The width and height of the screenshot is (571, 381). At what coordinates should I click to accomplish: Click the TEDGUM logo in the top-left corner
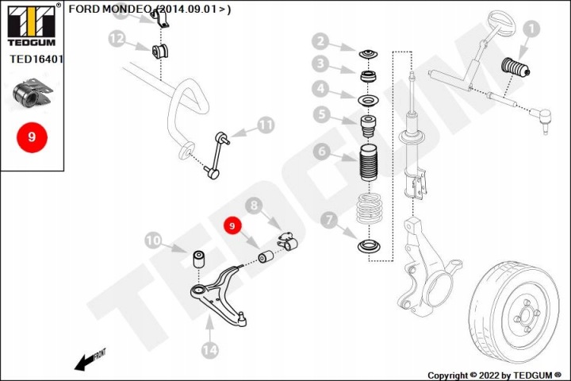(32, 25)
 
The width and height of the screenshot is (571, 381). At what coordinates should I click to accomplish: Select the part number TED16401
(36, 59)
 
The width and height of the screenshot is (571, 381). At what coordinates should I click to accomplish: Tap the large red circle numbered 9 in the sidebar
(32, 137)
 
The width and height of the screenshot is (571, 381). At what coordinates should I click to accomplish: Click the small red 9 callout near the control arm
(232, 226)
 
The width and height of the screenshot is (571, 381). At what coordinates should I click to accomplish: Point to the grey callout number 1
(531, 29)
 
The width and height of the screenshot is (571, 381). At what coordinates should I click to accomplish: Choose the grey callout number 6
(321, 151)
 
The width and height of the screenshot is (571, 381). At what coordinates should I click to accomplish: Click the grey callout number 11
(266, 125)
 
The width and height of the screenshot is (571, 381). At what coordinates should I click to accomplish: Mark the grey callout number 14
(209, 349)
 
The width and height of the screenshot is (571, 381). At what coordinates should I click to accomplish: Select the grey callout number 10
(153, 241)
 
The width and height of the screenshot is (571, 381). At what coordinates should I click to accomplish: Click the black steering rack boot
(515, 67)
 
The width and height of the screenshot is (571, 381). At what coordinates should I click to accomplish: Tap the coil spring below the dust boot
(370, 208)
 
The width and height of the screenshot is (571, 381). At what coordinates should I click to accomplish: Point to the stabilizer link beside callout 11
(217, 156)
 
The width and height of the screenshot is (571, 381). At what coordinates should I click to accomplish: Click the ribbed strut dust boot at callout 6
(368, 164)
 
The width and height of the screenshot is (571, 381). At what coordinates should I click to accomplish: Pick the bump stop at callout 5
(368, 126)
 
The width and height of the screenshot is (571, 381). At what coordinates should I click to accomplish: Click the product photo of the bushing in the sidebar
(33, 93)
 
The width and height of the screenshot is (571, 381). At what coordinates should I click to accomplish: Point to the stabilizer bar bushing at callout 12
(159, 51)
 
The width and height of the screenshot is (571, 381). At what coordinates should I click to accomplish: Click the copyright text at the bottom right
(494, 375)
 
